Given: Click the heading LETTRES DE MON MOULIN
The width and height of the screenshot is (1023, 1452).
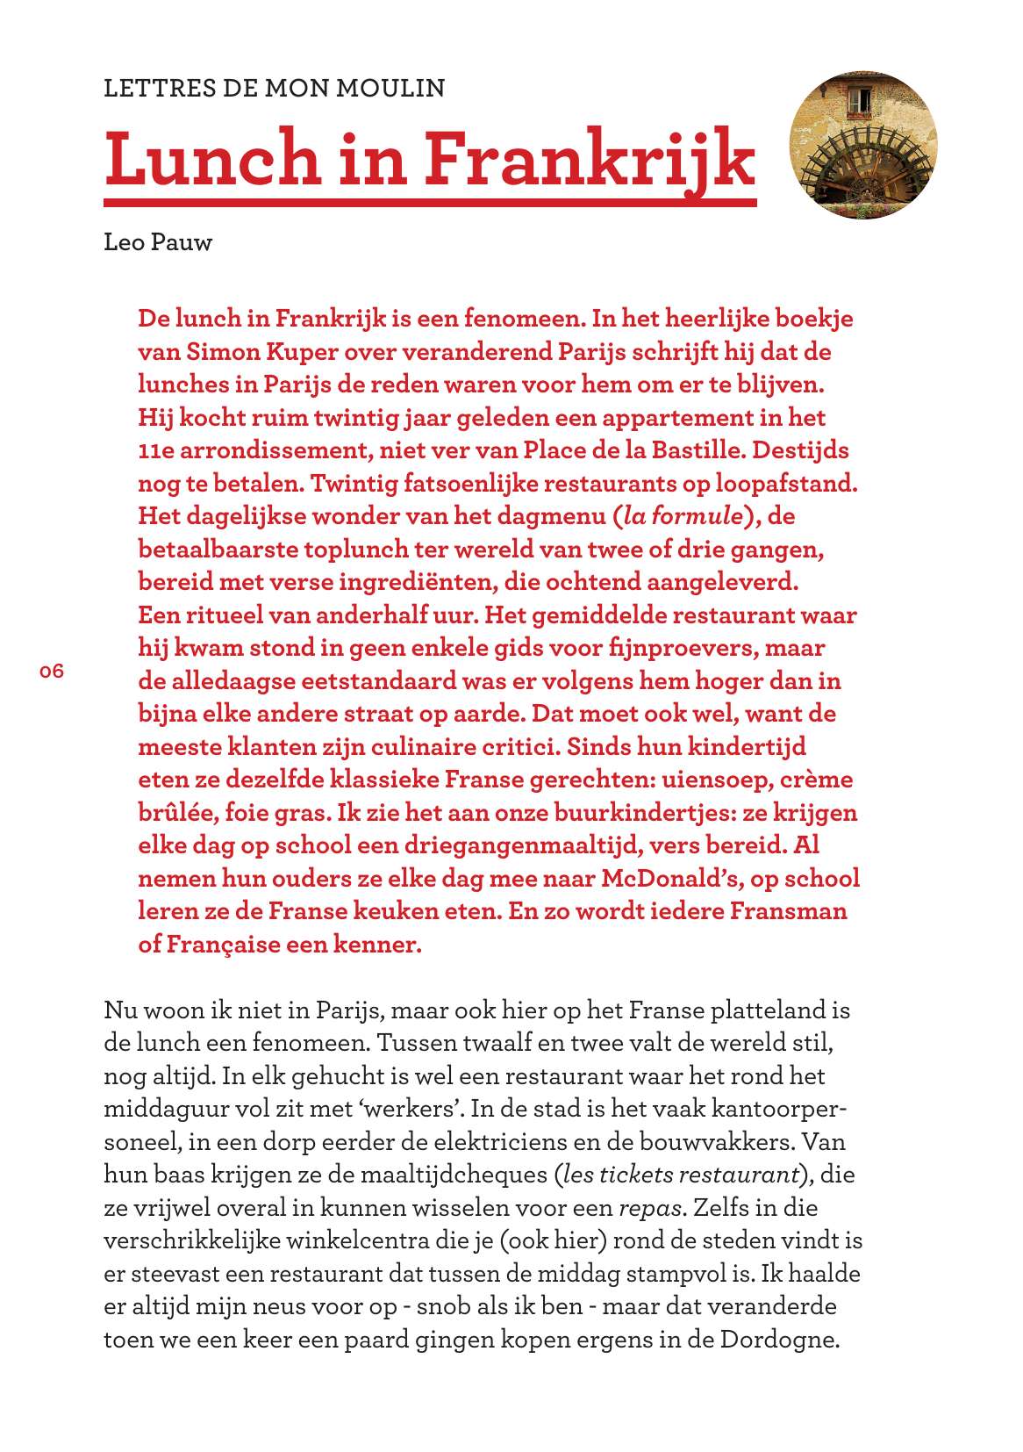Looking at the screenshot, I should (x=274, y=89).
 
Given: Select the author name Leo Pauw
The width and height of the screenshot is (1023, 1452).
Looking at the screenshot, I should (x=158, y=242).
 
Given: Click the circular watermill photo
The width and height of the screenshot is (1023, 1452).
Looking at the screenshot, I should (x=862, y=146).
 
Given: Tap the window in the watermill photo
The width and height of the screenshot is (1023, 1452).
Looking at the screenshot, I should (x=860, y=98).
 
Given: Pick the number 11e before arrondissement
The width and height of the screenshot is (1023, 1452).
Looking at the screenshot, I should (x=158, y=450).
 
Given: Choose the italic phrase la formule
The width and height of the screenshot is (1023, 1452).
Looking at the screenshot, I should (x=682, y=516).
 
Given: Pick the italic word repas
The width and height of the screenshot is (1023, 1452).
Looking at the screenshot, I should (x=650, y=1209).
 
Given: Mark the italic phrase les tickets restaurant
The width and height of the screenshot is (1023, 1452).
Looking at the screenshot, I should (x=681, y=1175).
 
